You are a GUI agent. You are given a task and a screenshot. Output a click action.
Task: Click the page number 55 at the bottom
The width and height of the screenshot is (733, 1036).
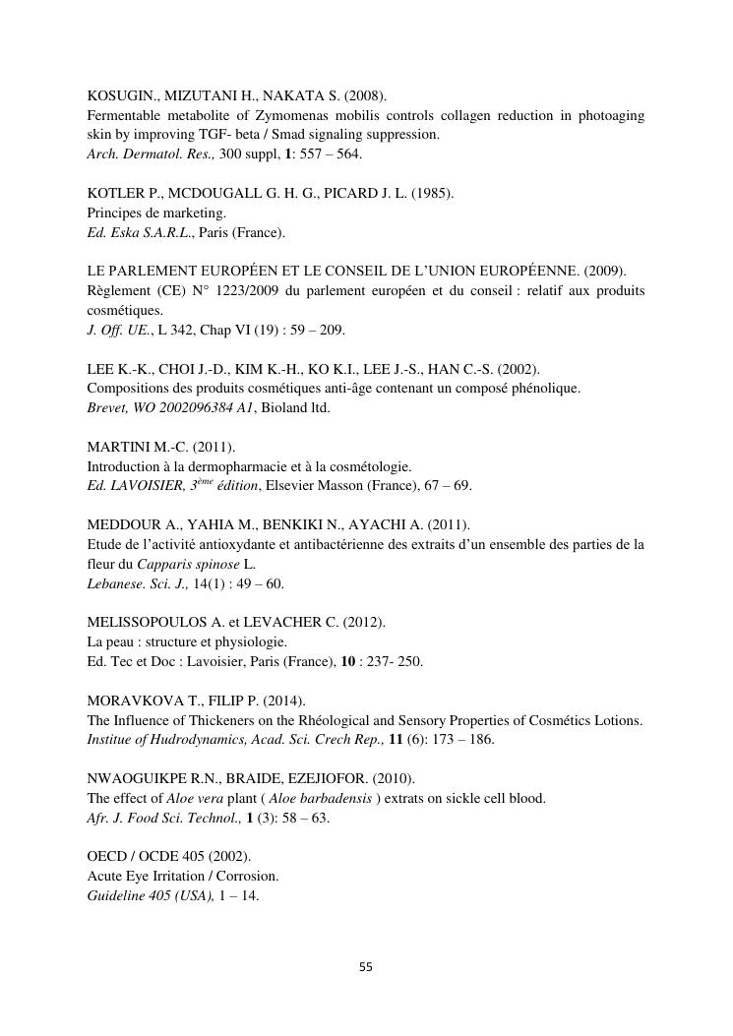tap(366, 967)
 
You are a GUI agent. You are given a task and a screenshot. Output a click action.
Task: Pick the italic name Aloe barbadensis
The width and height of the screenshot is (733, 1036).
tap(319, 798)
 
